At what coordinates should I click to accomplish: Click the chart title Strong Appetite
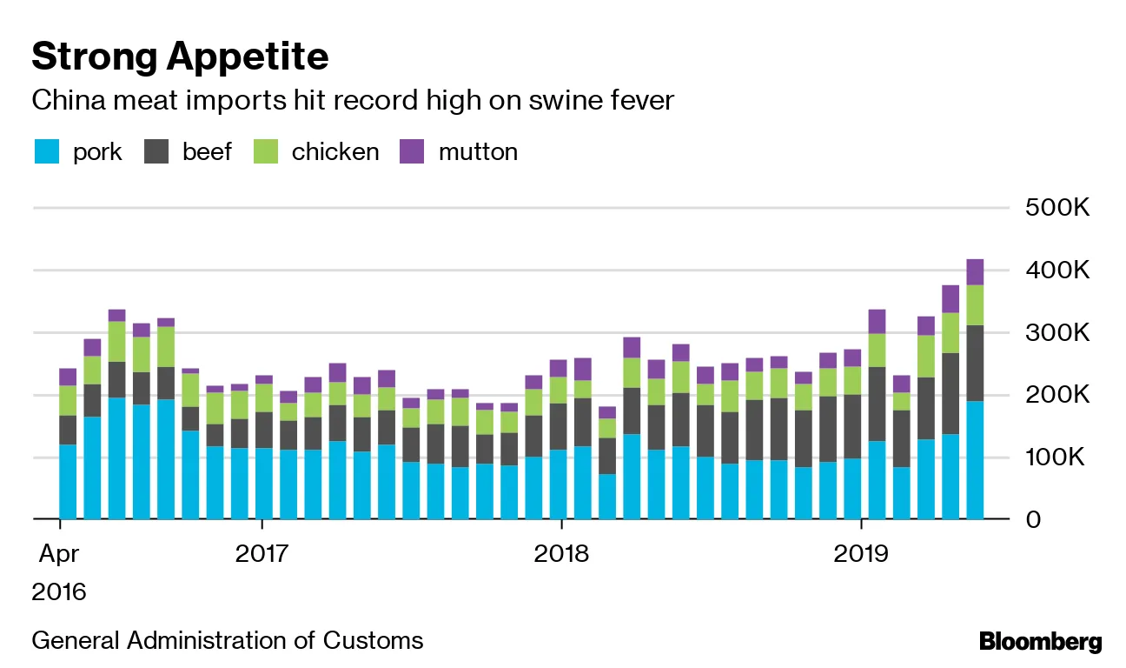coord(180,57)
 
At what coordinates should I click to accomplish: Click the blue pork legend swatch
coord(46,152)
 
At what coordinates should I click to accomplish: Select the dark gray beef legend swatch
coord(156,152)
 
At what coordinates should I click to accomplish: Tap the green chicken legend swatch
coord(265,152)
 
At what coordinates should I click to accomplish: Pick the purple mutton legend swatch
coord(411,152)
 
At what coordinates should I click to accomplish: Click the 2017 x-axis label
coord(262,554)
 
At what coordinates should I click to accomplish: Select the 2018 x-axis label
coord(561,554)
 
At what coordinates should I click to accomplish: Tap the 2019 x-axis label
coord(860,554)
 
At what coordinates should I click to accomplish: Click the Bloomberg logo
coord(1040,643)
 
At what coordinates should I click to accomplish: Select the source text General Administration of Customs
coord(228,641)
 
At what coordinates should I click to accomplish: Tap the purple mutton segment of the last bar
coord(975,271)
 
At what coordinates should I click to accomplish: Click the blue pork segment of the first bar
coord(67,483)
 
